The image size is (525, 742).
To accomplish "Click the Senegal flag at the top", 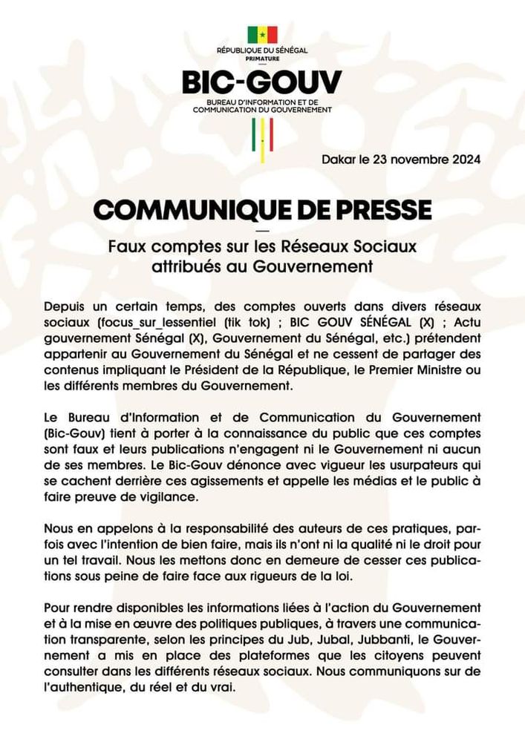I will (x=262, y=35).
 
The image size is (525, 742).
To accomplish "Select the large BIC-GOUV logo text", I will (x=262, y=82).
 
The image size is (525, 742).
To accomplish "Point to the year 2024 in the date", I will (x=465, y=160).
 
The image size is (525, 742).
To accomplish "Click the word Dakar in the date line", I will (x=339, y=160).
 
